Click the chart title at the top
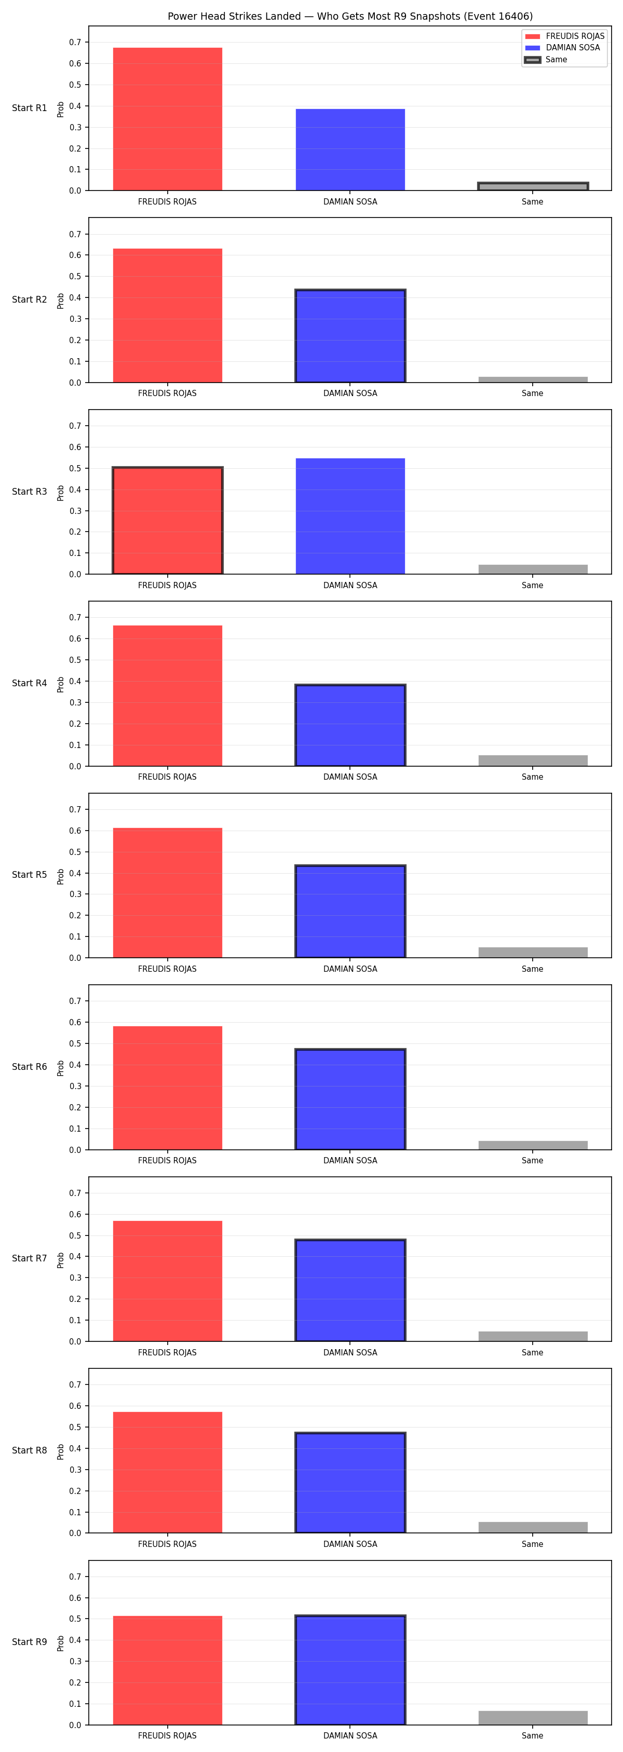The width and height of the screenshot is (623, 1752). [350, 16]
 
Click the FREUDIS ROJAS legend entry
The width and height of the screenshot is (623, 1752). [564, 36]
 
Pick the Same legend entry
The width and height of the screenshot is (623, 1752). [546, 60]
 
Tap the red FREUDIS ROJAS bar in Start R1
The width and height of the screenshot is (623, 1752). [167, 119]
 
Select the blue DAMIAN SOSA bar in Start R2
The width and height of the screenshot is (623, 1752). [350, 336]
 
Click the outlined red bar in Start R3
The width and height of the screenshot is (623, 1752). [167, 520]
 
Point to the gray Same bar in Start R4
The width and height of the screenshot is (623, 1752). [533, 760]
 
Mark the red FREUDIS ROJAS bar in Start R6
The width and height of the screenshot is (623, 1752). [167, 1088]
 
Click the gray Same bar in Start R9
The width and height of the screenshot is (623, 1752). [533, 1717]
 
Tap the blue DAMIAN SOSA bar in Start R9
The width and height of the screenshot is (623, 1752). [350, 1669]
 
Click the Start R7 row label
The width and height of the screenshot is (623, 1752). [29, 1258]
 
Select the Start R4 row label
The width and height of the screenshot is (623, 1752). [29, 683]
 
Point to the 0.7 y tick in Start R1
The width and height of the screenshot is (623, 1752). [75, 42]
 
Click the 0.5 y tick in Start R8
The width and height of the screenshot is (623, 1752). [75, 1427]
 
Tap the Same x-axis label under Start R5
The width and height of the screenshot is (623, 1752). [533, 969]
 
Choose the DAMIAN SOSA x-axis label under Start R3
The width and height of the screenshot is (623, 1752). [350, 585]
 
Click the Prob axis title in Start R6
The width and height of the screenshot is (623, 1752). [61, 1067]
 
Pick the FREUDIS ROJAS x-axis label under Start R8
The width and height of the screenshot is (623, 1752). [167, 1544]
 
